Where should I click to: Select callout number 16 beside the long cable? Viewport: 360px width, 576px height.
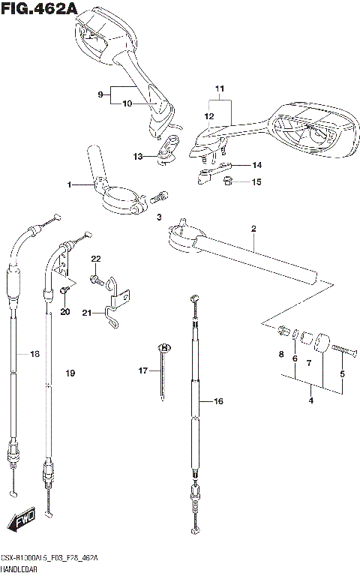click(219, 402)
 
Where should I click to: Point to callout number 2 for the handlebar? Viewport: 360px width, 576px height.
click(253, 228)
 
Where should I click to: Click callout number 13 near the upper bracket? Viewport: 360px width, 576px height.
click(136, 156)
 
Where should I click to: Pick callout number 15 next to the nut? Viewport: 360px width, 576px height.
click(256, 181)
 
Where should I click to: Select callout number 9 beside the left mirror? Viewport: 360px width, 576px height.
click(100, 94)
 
